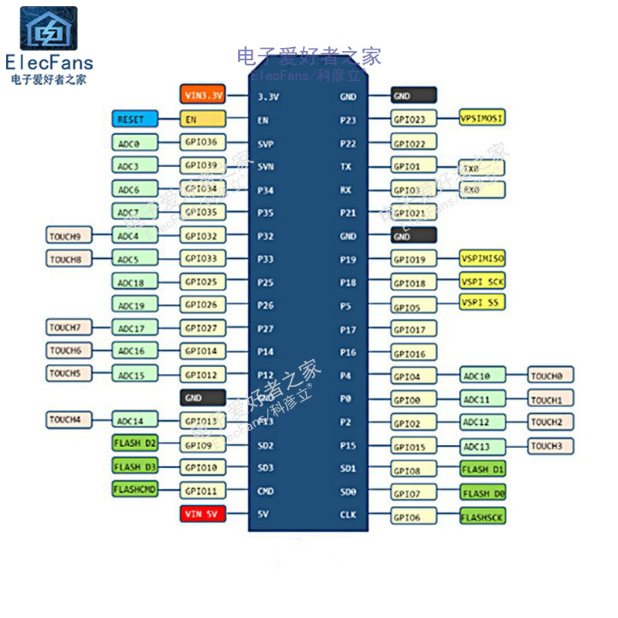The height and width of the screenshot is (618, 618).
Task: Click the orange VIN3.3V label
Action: [x=202, y=95]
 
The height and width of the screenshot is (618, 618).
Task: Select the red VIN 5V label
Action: [x=202, y=514]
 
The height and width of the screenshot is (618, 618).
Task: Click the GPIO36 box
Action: [x=202, y=142]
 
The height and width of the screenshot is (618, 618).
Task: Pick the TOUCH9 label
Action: [x=70, y=236]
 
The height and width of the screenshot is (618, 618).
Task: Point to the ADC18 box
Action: [x=135, y=282]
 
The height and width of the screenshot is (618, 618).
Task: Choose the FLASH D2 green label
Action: [x=135, y=444]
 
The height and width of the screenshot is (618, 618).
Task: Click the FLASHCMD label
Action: [x=135, y=490]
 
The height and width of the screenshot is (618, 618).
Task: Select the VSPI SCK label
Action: [x=483, y=281]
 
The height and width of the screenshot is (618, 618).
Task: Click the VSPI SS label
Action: [x=483, y=302]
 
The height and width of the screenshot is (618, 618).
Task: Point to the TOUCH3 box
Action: [x=551, y=446]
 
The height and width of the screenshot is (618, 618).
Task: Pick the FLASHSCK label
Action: [x=483, y=516]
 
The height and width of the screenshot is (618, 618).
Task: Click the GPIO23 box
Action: [x=414, y=120]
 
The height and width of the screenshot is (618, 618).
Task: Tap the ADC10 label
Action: [x=483, y=376]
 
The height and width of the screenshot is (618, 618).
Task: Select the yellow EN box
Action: [x=202, y=119]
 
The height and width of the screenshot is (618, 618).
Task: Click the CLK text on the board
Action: [x=348, y=514]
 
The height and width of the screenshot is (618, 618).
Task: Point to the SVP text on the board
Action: [x=266, y=144]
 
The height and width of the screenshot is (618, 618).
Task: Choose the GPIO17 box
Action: [x=414, y=331]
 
